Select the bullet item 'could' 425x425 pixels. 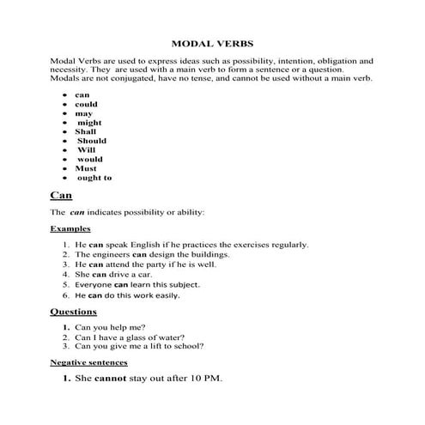pos(86,104)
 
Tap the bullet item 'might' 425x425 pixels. pos(89,123)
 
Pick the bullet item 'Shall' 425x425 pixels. pos(86,132)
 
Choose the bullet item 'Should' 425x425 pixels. pos(92,141)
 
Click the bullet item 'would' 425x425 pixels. pos(89,160)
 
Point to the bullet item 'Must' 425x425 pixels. pos(86,168)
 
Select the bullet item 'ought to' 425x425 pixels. pos(94,178)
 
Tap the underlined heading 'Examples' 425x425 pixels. pos(70,229)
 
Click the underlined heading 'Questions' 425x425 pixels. pos(73,311)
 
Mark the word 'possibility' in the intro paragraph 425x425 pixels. pos(231,62)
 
